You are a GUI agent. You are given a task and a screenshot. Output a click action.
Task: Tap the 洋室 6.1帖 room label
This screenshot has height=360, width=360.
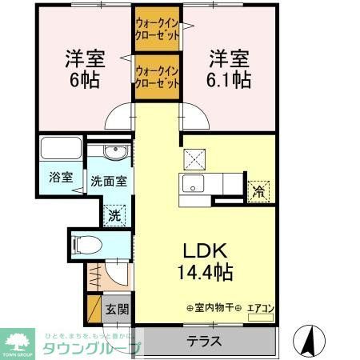[x=230, y=69]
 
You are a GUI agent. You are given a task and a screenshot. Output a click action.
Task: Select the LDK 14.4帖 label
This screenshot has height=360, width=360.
[x=205, y=261]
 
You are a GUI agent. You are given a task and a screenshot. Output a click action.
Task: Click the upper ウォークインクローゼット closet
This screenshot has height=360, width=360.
[x=156, y=31]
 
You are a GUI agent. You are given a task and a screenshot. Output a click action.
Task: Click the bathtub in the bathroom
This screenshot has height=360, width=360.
[x=59, y=150]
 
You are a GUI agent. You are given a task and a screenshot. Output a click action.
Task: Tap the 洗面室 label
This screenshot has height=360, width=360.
[x=108, y=181]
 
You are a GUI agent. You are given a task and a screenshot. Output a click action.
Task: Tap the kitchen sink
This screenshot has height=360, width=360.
[x=194, y=186]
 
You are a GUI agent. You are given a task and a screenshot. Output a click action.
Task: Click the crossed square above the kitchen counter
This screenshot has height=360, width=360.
[x=194, y=157]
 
